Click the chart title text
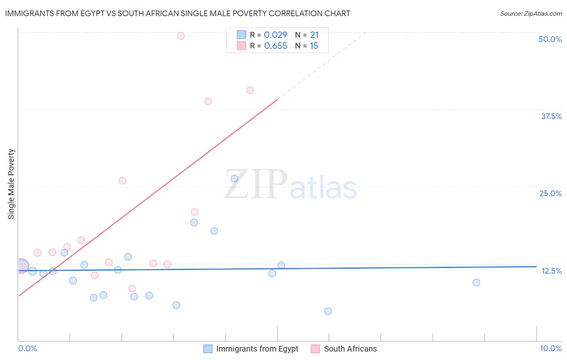177,13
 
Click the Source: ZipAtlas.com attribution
531,14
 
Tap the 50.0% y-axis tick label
550,39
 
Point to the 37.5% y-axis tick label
551,116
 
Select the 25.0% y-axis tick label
550,193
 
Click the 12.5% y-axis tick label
551,271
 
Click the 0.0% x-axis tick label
27,348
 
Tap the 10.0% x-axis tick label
550,348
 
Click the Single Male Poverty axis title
11,184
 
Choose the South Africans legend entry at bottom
350,349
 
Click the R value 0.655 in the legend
275,46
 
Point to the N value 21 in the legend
314,35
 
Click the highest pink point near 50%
181,36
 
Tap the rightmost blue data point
476,283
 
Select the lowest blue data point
328,311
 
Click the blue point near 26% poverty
234,178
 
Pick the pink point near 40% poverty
250,90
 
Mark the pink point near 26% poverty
123,180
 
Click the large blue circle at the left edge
22,266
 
